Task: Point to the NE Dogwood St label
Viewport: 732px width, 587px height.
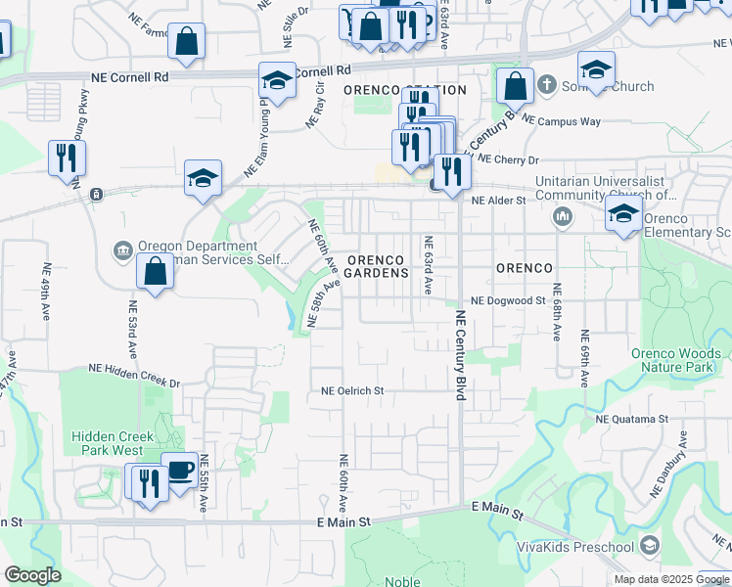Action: pyautogui.click(x=507, y=301)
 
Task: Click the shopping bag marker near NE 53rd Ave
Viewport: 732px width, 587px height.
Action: pyautogui.click(x=155, y=271)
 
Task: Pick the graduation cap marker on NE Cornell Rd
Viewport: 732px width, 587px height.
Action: pyautogui.click(x=278, y=81)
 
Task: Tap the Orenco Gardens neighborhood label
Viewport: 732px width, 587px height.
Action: pyautogui.click(x=377, y=266)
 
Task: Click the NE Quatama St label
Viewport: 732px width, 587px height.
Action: pyautogui.click(x=631, y=419)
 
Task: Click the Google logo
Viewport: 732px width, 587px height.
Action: pyautogui.click(x=33, y=575)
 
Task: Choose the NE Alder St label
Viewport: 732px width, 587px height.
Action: pyautogui.click(x=499, y=201)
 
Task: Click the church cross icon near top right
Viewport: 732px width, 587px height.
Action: pyautogui.click(x=546, y=86)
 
